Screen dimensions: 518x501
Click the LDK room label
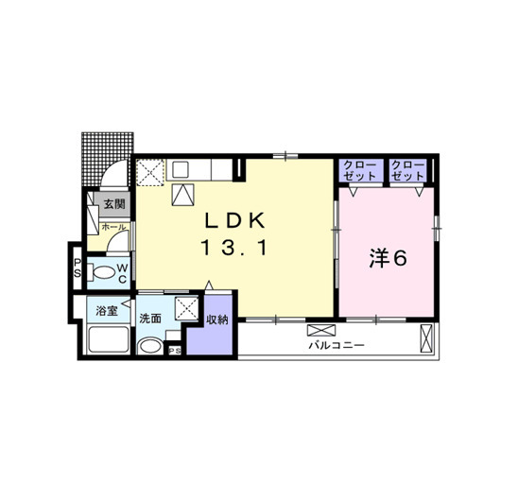(234, 220)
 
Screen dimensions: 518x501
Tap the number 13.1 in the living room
(233, 248)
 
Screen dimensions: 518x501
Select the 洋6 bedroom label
(388, 258)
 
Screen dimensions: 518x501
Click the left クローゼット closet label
(359, 170)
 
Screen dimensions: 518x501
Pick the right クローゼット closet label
(407, 170)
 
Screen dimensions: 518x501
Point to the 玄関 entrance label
(114, 204)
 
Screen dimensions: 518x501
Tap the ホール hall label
(113, 227)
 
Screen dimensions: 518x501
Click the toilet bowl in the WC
(103, 273)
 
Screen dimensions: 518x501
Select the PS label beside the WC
(78, 268)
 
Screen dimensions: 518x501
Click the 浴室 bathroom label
(107, 311)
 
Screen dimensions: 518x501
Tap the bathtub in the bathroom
(109, 339)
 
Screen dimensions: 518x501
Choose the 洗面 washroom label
(150, 319)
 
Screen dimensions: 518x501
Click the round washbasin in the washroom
(150, 346)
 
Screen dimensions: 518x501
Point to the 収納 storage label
(217, 320)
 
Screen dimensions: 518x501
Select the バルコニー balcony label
(337, 345)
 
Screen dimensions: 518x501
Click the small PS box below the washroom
(175, 351)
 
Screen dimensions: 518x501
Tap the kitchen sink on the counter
(181, 170)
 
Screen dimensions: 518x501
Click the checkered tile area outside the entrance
(108, 154)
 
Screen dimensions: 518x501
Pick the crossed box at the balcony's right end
(426, 338)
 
